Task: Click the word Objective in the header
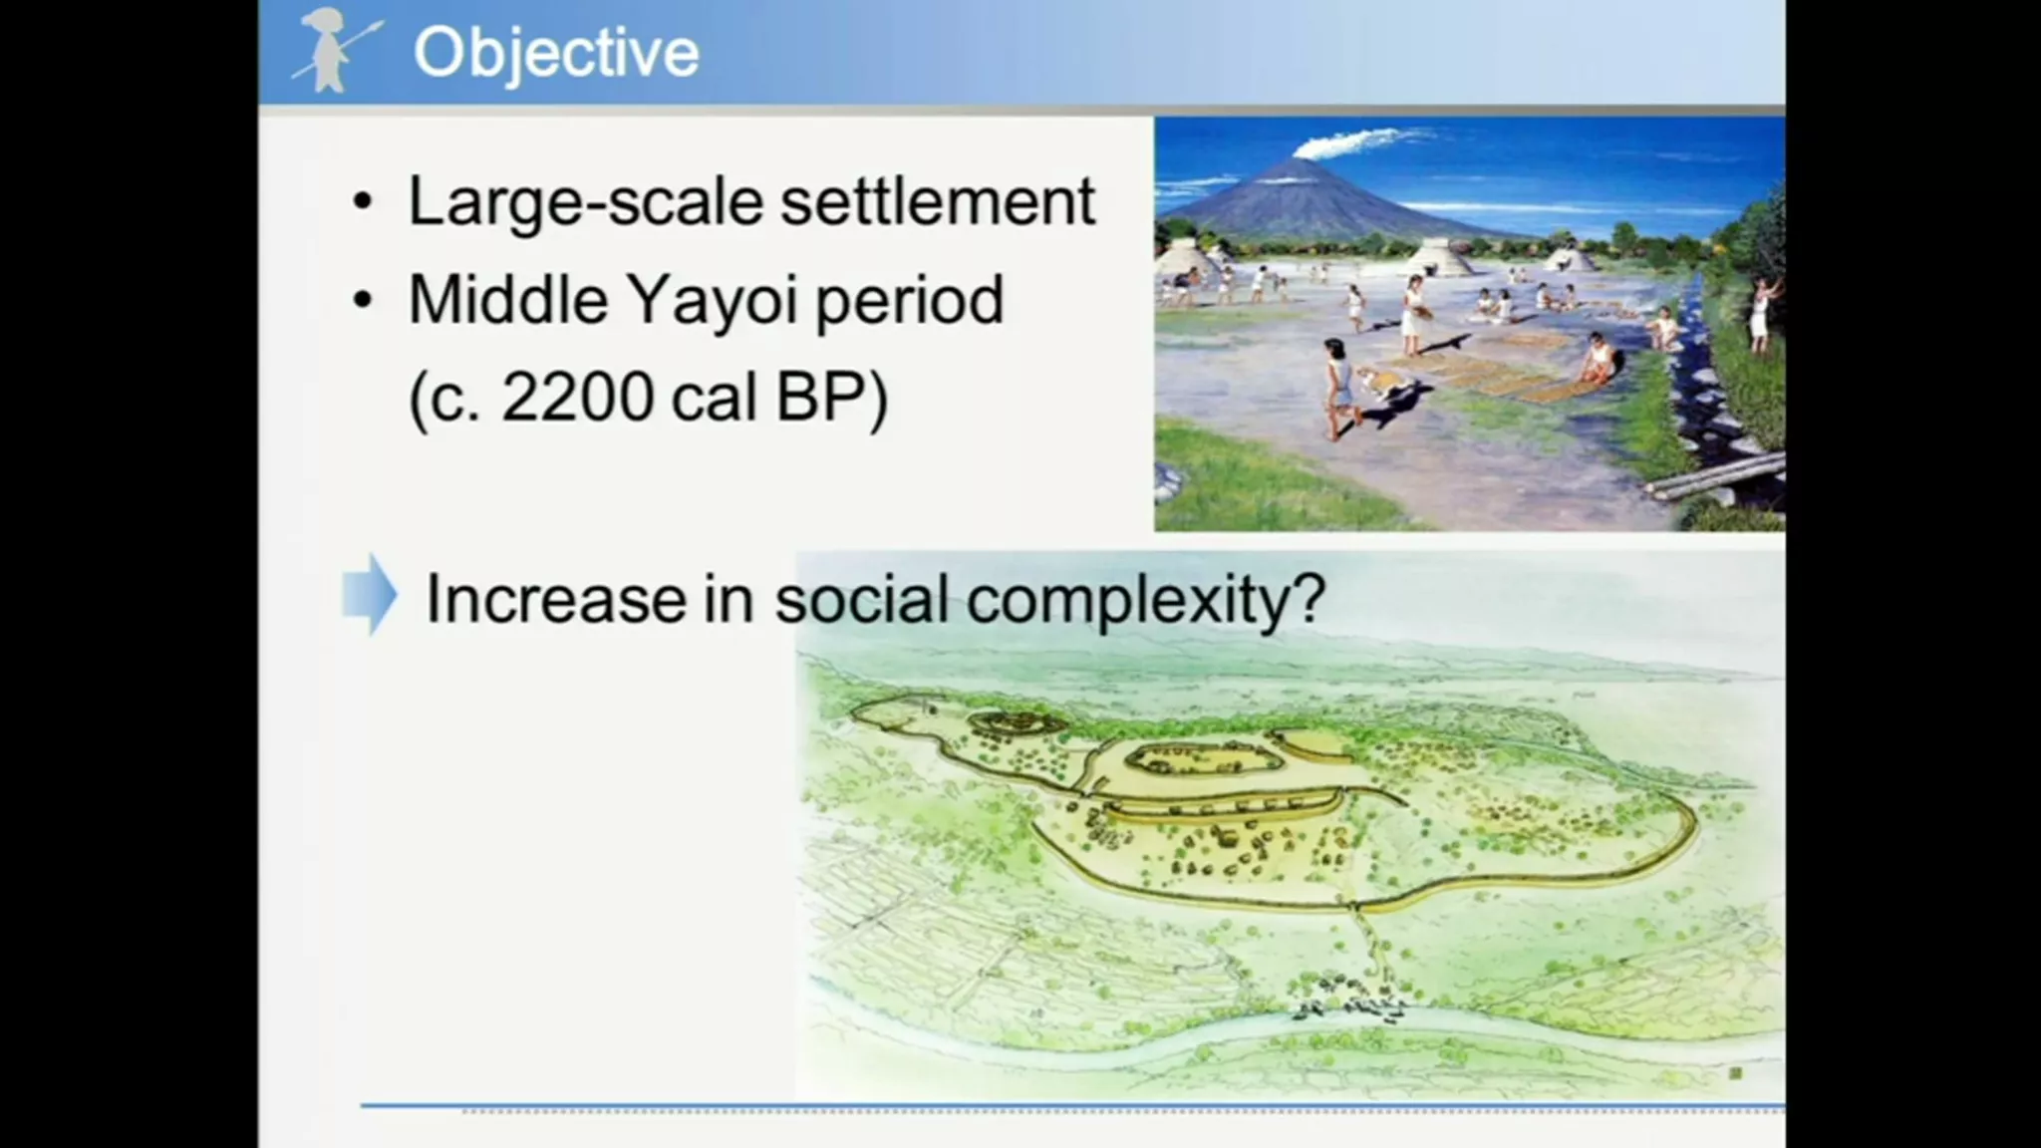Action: click(556, 54)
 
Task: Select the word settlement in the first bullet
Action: click(938, 201)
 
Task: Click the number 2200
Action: click(578, 397)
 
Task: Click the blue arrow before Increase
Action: click(370, 594)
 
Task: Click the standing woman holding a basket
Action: click(1412, 315)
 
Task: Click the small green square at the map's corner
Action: click(1735, 1073)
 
